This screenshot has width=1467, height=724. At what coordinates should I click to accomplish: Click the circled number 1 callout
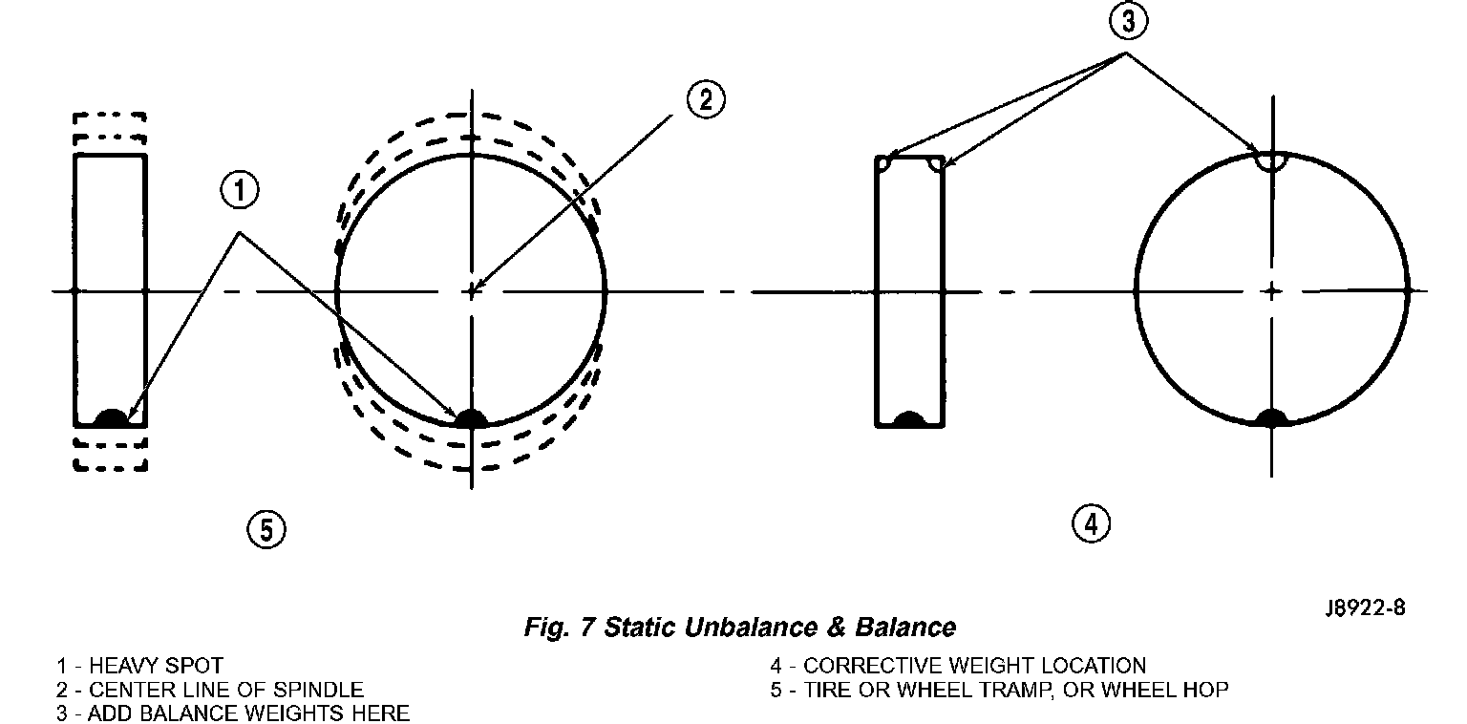pyautogui.click(x=240, y=191)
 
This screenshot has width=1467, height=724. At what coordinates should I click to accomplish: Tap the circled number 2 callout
pyautogui.click(x=705, y=99)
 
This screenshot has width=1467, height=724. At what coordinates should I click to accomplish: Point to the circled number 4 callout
pyautogui.click(x=1091, y=522)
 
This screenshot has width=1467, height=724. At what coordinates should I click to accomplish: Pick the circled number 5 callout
pyautogui.click(x=266, y=529)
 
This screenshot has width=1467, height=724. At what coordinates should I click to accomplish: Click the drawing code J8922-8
pyautogui.click(x=1365, y=608)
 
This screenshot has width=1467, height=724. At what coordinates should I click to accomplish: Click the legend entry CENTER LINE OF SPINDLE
pyautogui.click(x=225, y=689)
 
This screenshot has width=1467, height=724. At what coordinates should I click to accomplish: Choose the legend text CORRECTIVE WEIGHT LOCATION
pyautogui.click(x=974, y=666)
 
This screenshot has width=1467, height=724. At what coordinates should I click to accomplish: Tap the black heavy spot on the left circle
pyautogui.click(x=470, y=418)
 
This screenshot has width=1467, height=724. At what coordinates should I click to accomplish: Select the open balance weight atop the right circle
pyautogui.click(x=1271, y=160)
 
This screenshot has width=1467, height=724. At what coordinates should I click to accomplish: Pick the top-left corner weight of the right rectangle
pyautogui.click(x=884, y=163)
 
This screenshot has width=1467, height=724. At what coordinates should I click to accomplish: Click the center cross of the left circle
pyautogui.click(x=471, y=290)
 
